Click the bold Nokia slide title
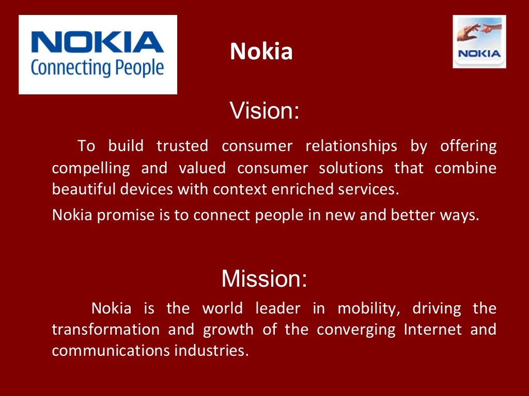tap(261, 52)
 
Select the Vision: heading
tap(264, 110)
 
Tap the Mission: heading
tap(264, 279)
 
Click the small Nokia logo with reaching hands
tap(479, 42)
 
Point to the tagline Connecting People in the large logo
tap(97, 68)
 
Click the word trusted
tap(182, 146)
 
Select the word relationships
tap(351, 146)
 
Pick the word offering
tap(468, 146)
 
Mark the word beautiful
tap(84, 190)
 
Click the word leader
tap(278, 309)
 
